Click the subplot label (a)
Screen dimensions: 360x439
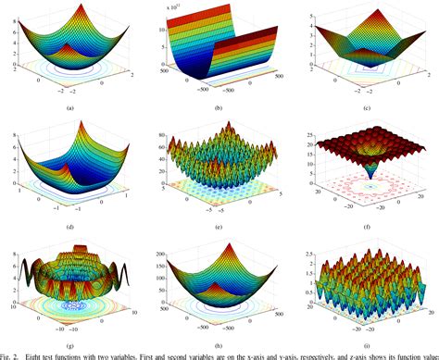coord(69,108)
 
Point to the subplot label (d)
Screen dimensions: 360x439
coord(69,225)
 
